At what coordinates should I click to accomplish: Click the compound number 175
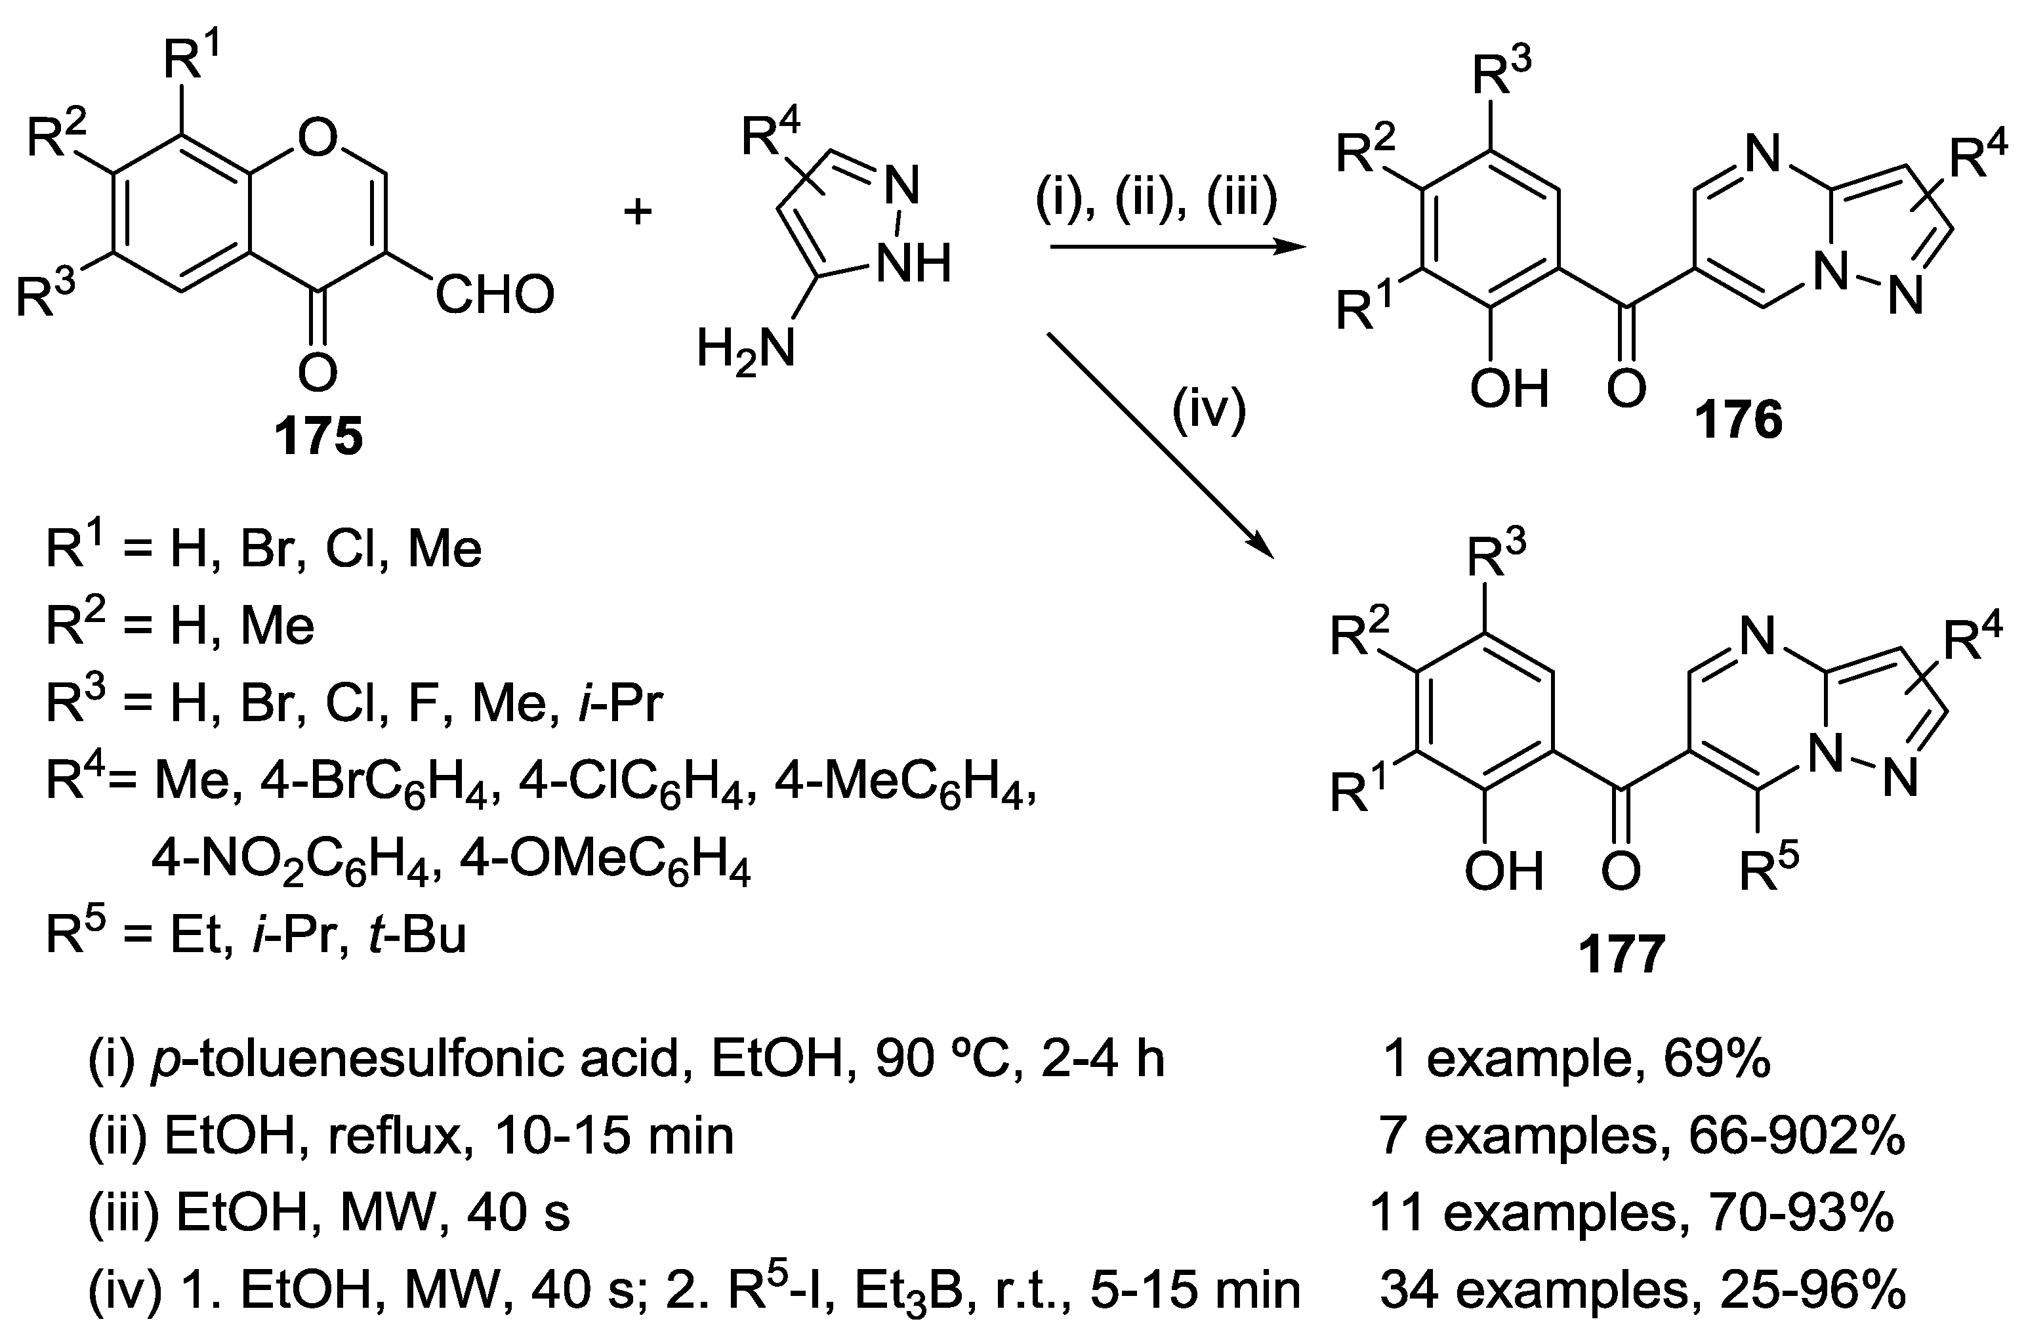tap(318, 437)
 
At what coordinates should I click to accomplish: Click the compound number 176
tap(1737, 421)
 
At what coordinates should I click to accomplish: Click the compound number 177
tap(1622, 953)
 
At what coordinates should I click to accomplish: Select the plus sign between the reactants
tap(638, 210)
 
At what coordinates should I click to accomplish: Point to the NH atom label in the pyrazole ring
tap(913, 264)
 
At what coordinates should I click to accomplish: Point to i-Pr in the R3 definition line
tap(620, 704)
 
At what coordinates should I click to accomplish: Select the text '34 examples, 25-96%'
tap(1642, 1291)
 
